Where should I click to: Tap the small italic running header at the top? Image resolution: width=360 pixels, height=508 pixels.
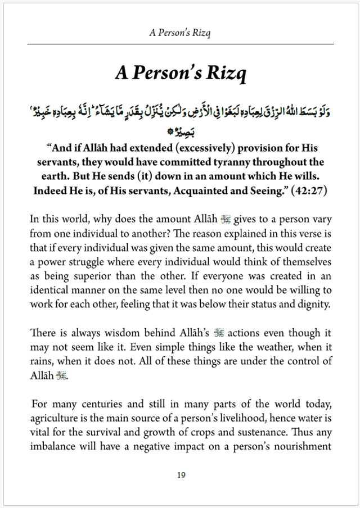[x=180, y=33]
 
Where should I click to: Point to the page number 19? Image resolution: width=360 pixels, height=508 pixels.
[x=181, y=475]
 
